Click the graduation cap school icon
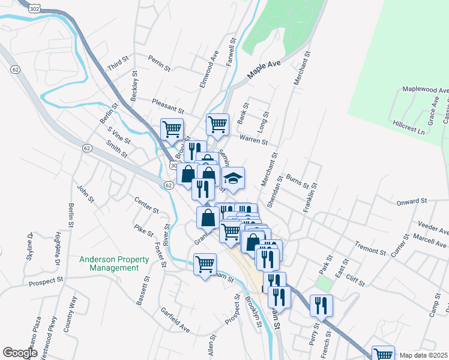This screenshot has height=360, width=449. (x=234, y=178)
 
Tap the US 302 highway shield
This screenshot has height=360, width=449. (x=35, y=8)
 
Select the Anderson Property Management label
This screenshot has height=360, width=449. (x=115, y=263)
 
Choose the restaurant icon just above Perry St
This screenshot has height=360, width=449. (x=321, y=305)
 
